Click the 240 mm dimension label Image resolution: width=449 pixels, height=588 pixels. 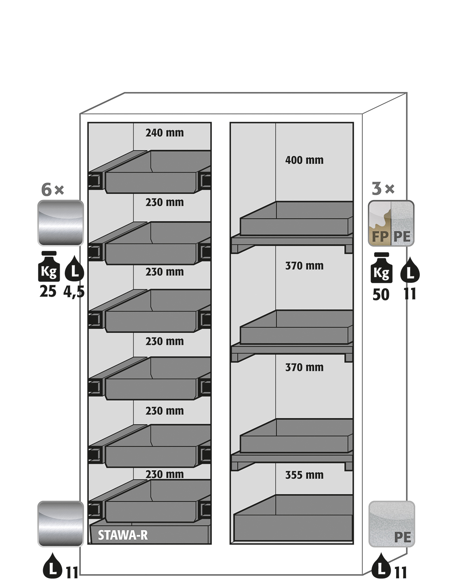coord(165,133)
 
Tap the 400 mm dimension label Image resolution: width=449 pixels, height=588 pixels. coord(304,160)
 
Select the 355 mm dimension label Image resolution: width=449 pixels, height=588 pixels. coord(304,475)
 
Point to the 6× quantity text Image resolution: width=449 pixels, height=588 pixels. coord(52,190)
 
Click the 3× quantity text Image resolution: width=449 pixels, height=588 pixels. coord(383,189)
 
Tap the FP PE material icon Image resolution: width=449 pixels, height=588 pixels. coord(391,223)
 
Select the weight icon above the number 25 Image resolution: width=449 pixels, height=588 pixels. coord(49,266)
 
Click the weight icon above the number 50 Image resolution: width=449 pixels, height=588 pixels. coord(381,268)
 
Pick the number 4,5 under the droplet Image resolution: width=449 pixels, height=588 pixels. coord(74,291)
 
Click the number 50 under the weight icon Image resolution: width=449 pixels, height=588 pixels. coord(381,295)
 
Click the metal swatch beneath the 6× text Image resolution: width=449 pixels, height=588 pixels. coord(60,223)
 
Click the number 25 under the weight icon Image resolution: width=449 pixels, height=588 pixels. coord(48,291)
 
